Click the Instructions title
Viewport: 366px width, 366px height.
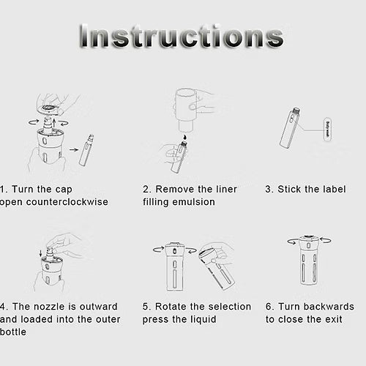coord(181,36)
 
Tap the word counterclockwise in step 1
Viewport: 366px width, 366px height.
coord(67,202)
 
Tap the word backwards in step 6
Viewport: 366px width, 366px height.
coord(329,307)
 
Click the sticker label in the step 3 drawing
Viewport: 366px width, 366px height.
coord(328,130)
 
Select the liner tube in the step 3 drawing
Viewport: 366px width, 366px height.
coord(290,127)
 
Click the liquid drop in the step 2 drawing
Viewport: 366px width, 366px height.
coord(185,137)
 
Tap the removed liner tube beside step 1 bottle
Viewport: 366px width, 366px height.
coord(86,150)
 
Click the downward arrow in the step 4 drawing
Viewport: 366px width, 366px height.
coord(41,253)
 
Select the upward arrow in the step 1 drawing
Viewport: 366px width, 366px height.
coord(54,123)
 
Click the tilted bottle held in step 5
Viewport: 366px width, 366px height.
coord(217,269)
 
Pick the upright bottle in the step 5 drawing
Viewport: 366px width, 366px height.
coord(173,266)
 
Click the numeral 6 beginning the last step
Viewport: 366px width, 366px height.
coord(269,307)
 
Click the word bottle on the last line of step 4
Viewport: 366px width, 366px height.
coord(13,332)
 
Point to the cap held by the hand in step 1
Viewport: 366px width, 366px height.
coord(50,109)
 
